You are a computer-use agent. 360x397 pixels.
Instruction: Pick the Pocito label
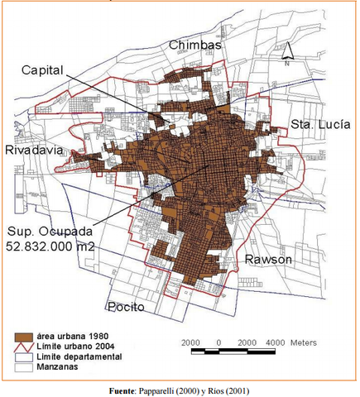tap(125, 307)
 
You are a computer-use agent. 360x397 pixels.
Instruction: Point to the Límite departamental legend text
tap(77, 356)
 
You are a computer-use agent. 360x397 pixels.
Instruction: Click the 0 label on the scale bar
tap(218, 341)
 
